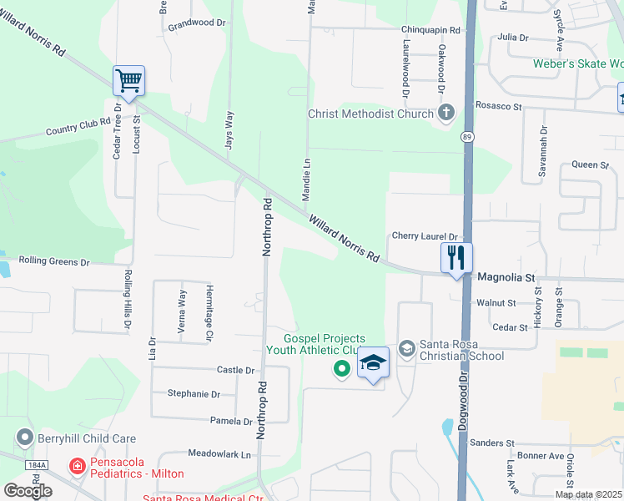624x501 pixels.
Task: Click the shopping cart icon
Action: (x=129, y=81)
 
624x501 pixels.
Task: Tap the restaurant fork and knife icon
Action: (x=456, y=257)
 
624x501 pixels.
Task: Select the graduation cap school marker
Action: (x=373, y=363)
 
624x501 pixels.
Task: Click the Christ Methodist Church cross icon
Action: (x=446, y=114)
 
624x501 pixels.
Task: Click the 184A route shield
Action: (x=37, y=465)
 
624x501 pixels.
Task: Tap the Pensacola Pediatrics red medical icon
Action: (x=77, y=465)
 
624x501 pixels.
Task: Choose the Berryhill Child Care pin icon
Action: (x=25, y=438)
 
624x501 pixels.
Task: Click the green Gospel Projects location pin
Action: (x=341, y=367)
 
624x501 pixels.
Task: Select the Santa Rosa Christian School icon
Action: (x=406, y=348)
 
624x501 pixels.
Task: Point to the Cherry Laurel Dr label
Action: (x=425, y=237)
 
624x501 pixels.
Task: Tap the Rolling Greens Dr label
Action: (x=54, y=262)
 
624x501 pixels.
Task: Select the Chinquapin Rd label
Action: (x=430, y=29)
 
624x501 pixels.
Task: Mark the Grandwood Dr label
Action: (x=197, y=24)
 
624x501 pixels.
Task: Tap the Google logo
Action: (x=28, y=490)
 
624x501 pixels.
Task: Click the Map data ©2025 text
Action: (x=587, y=494)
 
